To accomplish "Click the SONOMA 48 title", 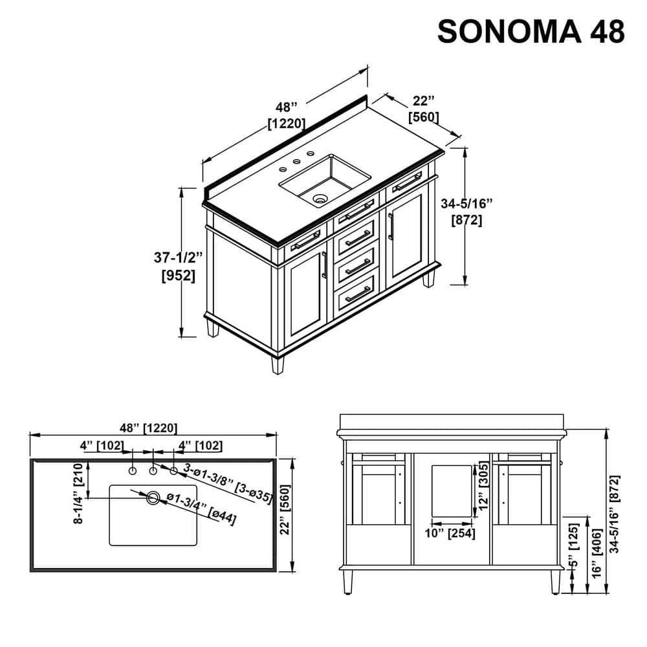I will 531,31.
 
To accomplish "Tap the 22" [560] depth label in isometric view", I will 424,109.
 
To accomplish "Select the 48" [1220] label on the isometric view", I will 286,115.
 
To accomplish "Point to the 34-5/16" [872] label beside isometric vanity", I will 466,212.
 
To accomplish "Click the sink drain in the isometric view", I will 319,199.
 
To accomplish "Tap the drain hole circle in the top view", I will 153,498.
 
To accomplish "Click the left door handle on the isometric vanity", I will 323,265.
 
